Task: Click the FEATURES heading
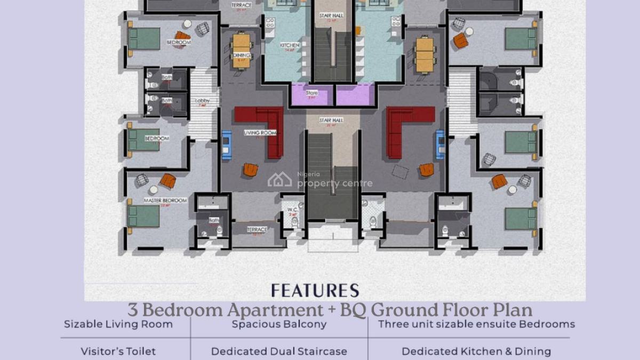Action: point(315,290)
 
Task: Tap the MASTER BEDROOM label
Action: point(165,201)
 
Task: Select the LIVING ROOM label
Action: point(260,133)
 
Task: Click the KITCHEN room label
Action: point(290,46)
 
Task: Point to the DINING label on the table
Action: point(241,55)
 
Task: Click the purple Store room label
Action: point(312,93)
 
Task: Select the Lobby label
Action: point(203,101)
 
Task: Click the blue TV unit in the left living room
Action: point(227,145)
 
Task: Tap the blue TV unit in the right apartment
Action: point(441,145)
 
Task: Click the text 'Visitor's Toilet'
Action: point(118,351)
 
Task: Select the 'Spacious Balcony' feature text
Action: point(279,324)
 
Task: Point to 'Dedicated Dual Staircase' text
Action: point(279,351)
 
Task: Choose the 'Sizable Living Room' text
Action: point(118,324)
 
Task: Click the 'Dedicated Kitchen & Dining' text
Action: point(476,351)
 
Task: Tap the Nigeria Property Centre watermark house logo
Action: point(279,180)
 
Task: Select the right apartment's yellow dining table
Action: point(426,54)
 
